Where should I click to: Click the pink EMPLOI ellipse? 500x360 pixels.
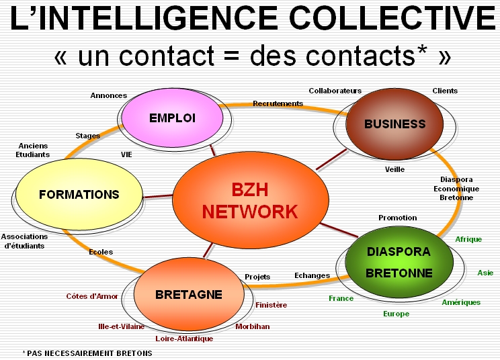(x=172, y=118)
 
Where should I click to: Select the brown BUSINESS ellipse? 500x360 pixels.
(x=394, y=124)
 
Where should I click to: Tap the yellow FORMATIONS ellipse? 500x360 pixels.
(x=79, y=194)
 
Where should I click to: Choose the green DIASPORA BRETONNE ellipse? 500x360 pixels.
(x=399, y=262)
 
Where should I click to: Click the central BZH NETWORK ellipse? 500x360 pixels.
(x=250, y=200)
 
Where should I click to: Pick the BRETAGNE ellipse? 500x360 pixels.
(x=189, y=294)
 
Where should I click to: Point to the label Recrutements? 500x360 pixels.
(x=278, y=103)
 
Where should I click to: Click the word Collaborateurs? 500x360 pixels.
(x=335, y=91)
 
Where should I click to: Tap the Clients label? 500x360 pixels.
(x=445, y=91)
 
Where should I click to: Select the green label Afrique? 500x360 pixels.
(x=468, y=239)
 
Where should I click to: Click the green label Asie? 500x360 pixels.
(x=485, y=273)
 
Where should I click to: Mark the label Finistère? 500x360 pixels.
(x=271, y=305)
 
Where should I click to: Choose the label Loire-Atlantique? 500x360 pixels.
(x=184, y=339)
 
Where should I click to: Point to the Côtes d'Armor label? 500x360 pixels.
(x=92, y=296)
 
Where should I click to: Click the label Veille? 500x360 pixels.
(x=394, y=169)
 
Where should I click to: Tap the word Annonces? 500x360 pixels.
(x=108, y=95)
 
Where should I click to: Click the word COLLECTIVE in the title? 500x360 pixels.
(x=392, y=18)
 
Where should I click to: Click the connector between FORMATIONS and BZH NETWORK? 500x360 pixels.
(x=157, y=196)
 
